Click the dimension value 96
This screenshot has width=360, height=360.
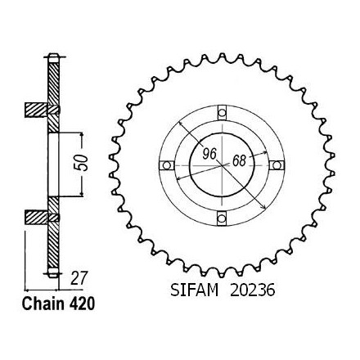(209, 154)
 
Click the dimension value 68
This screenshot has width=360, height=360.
(239, 160)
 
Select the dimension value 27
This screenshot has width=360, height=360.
(79, 278)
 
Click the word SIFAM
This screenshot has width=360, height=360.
(195, 290)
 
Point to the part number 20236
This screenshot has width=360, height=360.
(253, 290)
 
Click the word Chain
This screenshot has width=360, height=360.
(43, 304)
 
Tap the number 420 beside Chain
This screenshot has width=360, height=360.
(81, 304)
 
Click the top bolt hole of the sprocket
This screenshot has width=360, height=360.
(222, 112)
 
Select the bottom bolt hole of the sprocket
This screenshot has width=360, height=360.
(222, 218)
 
